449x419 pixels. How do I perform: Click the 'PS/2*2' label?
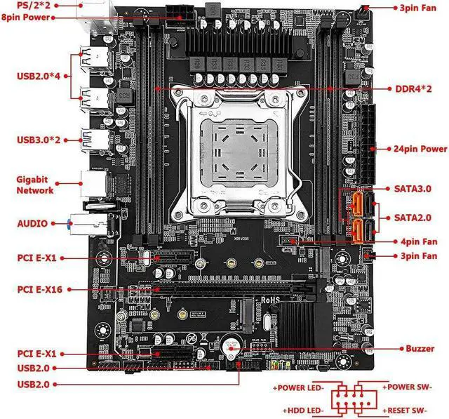coord(23,5)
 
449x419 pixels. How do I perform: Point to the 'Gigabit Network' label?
coord(34,185)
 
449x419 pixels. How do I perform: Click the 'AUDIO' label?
coord(32,223)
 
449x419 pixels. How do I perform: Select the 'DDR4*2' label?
coord(413,89)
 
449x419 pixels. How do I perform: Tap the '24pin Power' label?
coord(418,149)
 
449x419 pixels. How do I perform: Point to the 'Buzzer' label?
coord(420,348)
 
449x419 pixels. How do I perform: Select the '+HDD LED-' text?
coord(302,410)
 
